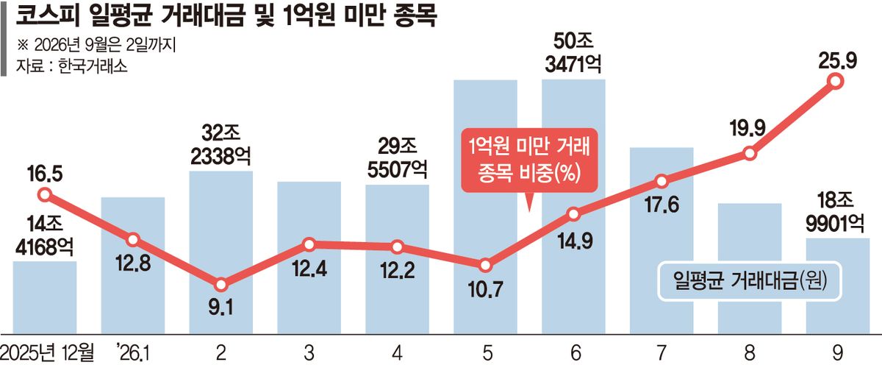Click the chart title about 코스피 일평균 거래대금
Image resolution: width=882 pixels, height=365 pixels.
[x=226, y=16]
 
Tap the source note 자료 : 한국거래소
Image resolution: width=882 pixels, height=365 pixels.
[x=72, y=65]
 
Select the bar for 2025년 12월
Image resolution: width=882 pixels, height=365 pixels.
[x=45, y=297]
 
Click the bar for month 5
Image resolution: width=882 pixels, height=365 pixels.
[x=486, y=207]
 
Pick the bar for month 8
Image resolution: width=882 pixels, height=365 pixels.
[x=750, y=269]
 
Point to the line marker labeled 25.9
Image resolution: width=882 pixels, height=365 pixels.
[x=835, y=82]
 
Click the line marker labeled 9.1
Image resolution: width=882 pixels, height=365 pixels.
[x=221, y=284]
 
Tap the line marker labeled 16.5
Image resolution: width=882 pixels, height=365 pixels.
[x=45, y=195]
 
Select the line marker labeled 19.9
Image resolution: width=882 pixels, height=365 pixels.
[x=750, y=153]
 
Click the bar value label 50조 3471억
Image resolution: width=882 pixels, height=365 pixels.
[x=573, y=53]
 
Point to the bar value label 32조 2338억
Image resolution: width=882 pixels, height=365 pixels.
[x=221, y=145]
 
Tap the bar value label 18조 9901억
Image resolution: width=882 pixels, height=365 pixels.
[x=835, y=213]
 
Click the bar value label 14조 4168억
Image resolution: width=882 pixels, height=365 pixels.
[x=45, y=236]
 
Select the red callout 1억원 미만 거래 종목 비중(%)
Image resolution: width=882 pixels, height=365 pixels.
[x=530, y=160]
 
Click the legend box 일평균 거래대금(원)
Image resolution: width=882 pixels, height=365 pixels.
[x=750, y=281]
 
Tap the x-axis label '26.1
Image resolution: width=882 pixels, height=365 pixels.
[x=133, y=352]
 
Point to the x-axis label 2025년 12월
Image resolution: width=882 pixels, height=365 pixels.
[x=47, y=352]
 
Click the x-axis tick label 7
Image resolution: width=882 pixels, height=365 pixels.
[x=661, y=352]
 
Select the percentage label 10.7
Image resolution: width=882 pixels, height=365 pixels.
[x=486, y=290]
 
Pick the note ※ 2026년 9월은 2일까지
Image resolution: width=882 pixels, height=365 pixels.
[x=96, y=46]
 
